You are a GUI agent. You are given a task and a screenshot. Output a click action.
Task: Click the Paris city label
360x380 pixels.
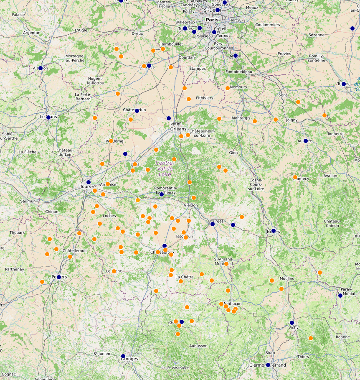212,20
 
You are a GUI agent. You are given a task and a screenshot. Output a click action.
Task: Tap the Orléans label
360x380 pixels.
179,129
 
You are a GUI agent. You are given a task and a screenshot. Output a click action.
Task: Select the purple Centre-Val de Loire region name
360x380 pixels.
165,168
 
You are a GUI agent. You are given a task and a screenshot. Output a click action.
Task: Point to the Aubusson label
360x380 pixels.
198,346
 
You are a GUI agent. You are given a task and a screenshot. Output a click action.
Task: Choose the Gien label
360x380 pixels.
233,153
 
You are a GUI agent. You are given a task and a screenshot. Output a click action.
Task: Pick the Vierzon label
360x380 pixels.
190,205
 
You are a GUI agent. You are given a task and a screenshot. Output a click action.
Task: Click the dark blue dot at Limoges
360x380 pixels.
123,356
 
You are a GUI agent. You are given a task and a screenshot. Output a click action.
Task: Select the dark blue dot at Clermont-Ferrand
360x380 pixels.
268,365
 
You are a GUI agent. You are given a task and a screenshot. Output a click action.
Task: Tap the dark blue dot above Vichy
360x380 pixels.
292,322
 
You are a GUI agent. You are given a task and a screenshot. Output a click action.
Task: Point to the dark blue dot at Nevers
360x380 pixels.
274,230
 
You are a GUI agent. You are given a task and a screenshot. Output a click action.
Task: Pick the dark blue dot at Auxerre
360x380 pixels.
306,141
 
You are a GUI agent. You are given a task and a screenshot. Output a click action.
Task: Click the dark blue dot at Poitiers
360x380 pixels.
59,277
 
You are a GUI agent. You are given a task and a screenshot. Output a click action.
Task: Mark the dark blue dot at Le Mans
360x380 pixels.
48,117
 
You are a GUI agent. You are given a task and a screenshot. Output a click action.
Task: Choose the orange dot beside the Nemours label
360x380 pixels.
228,88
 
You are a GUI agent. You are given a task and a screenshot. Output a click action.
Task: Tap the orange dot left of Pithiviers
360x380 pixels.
189,99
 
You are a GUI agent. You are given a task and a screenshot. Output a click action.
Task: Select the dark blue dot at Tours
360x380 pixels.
89,182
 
